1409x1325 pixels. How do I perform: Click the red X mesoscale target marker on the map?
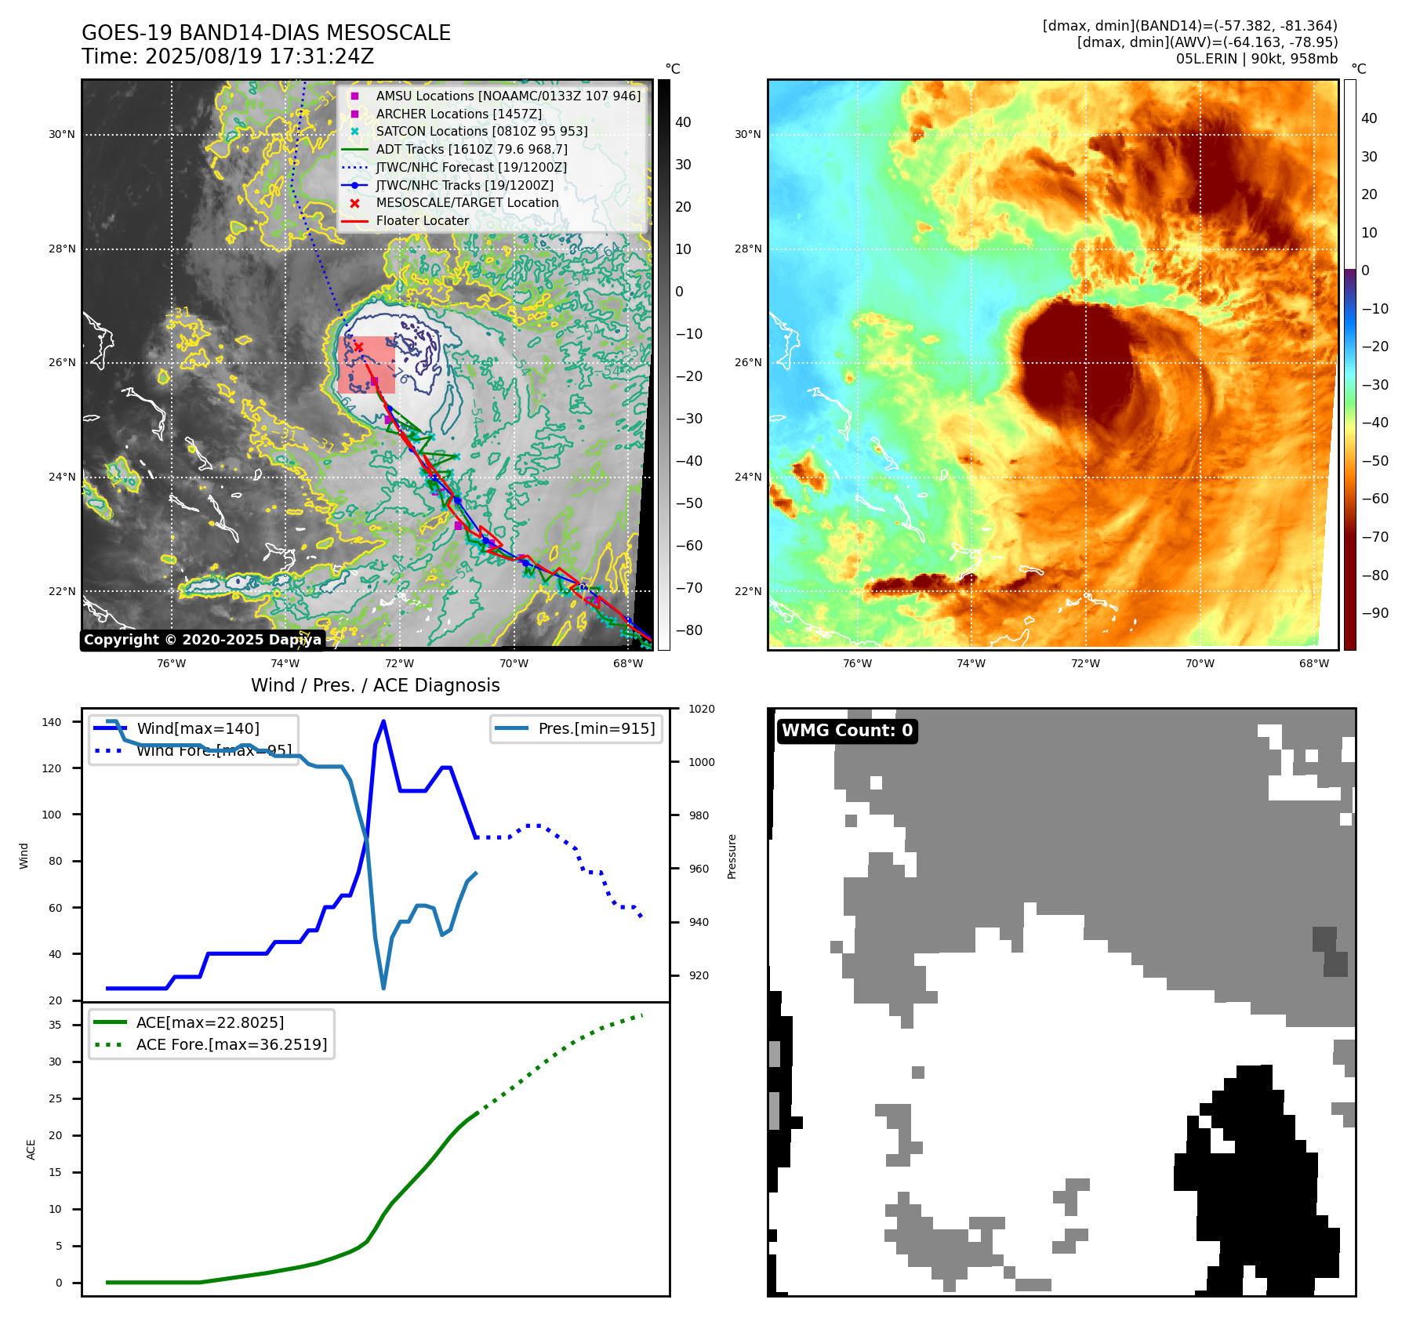coord(358,347)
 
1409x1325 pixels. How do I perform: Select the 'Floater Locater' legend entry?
coord(422,221)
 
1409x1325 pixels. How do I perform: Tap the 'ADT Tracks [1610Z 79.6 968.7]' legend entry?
coord(471,149)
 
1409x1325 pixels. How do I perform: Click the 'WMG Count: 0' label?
coord(847,731)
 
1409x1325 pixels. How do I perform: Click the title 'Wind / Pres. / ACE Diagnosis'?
coord(375,685)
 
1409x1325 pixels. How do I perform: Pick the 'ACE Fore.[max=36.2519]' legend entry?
coord(231,1044)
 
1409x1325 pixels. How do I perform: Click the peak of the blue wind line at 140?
coord(383,721)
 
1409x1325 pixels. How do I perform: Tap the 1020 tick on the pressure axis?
coord(701,709)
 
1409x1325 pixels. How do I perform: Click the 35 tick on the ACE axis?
coord(56,1025)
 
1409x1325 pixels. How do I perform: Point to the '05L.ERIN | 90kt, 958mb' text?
coord(1256,59)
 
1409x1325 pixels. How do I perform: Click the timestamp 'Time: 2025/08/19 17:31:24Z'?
coord(227,56)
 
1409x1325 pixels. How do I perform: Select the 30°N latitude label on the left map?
coord(62,134)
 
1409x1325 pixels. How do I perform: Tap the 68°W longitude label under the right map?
coord(1313,663)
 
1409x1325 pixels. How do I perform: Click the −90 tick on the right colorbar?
coord(1375,613)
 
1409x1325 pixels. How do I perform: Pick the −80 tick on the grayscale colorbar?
coord(688,630)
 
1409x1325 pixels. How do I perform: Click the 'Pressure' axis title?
coord(732,856)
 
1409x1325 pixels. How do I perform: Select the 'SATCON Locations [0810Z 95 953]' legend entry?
coord(481,131)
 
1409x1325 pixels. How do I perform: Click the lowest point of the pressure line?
coord(383,988)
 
